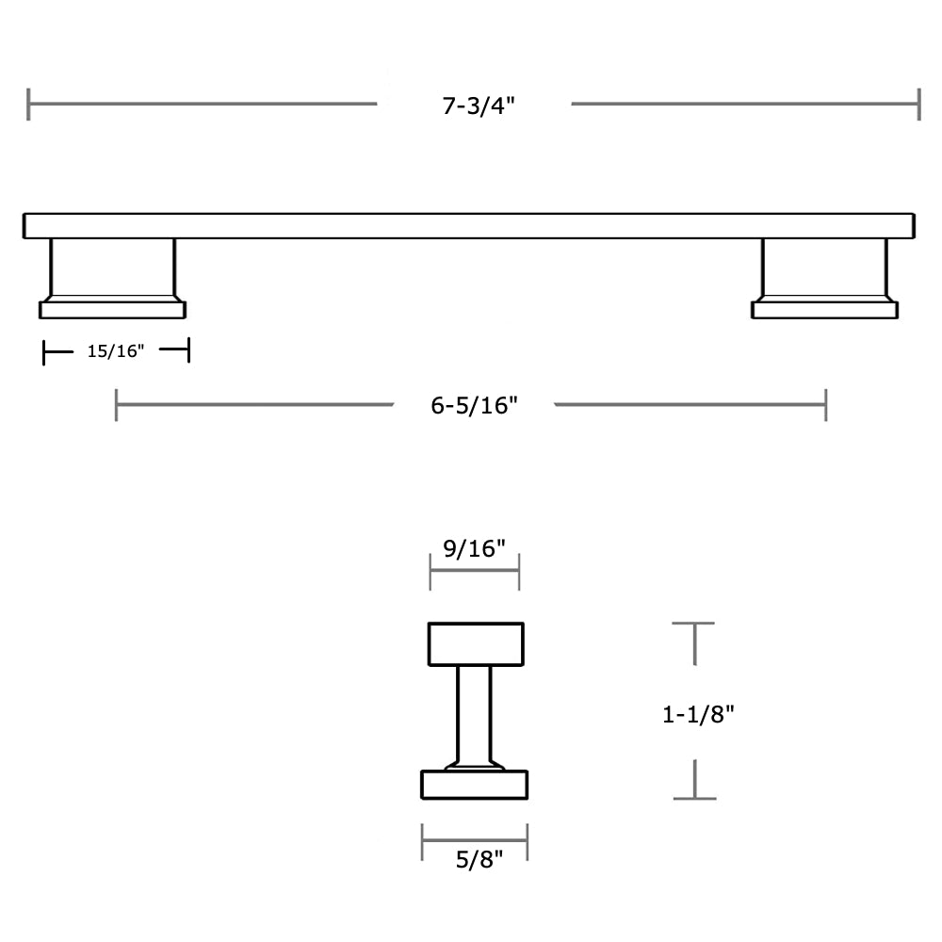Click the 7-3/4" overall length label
point(474,106)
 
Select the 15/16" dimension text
point(116,352)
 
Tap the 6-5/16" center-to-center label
point(475,406)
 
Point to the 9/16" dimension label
point(475,548)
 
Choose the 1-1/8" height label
point(698,715)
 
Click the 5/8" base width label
point(476,858)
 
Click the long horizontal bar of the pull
point(469,226)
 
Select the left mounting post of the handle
point(112,268)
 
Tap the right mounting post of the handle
point(824,268)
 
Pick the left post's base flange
point(112,309)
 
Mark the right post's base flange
point(824,309)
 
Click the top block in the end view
point(476,644)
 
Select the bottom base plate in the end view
point(475,785)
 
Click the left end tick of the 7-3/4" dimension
point(29,105)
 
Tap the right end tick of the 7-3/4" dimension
point(918,105)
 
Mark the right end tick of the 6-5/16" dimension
point(826,405)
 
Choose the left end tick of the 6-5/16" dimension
point(116,405)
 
